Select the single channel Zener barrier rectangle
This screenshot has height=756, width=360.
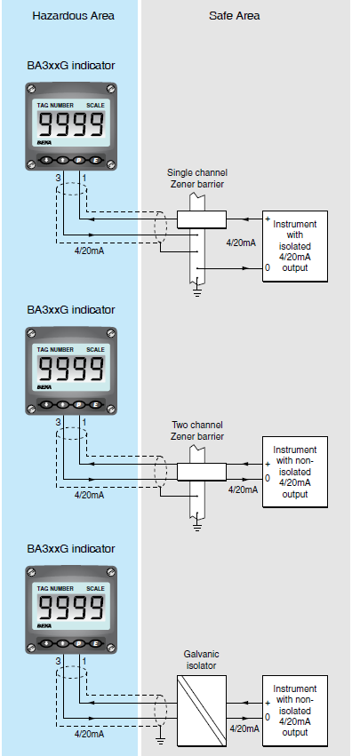(x=201, y=219)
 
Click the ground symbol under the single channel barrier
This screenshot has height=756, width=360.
(x=198, y=286)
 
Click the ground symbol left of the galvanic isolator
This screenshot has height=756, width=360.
(x=161, y=736)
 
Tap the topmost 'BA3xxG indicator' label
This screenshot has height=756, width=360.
(x=70, y=65)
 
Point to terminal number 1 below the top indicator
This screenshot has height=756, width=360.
(x=84, y=179)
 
